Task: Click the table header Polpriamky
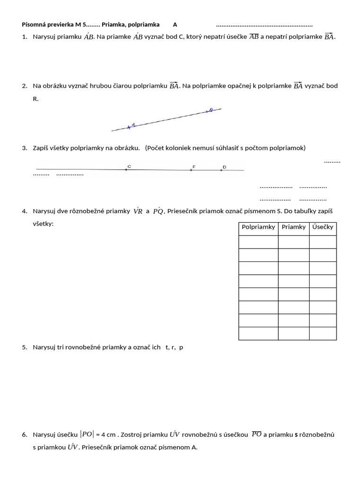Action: point(258,227)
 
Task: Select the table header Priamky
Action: point(294,227)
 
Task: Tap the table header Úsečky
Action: point(323,227)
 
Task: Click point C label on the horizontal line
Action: point(129,166)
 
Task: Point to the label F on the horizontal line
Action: point(193,167)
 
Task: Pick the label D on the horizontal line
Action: point(224,167)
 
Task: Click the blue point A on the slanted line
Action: point(129,127)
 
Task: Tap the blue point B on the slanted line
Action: point(207,111)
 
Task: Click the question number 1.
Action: point(25,37)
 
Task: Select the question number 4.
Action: point(25,211)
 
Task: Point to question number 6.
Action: point(25,434)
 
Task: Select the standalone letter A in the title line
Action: point(175,25)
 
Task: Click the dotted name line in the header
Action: point(264,25)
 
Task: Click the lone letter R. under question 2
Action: point(35,99)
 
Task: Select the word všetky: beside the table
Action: point(43,224)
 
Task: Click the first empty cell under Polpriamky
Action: point(258,242)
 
